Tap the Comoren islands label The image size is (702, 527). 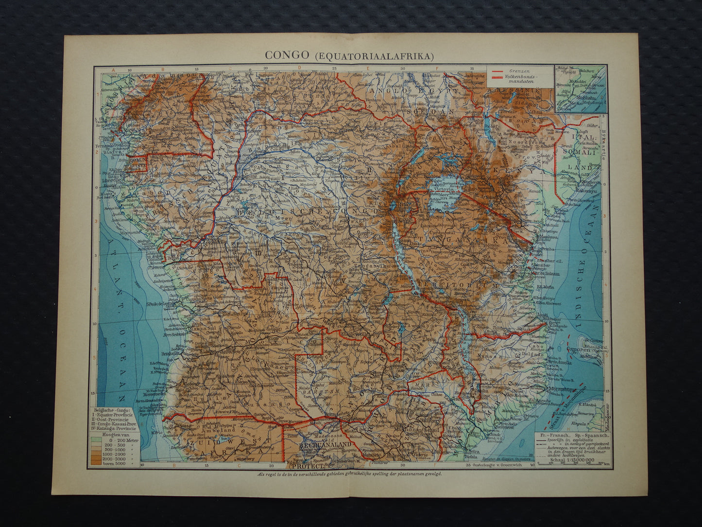(x=581, y=349)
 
